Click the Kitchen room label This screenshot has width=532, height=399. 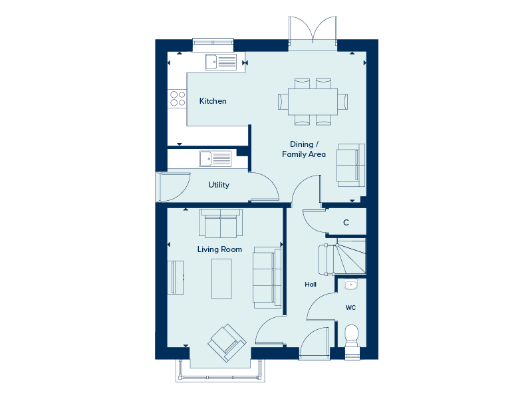click(x=213, y=101)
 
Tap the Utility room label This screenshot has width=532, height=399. click(x=219, y=185)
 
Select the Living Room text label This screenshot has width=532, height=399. click(x=219, y=249)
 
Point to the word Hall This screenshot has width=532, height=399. click(x=311, y=285)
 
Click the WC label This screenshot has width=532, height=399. click(x=350, y=308)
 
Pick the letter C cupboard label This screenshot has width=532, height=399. click(x=346, y=223)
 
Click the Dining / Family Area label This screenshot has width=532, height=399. click(x=308, y=149)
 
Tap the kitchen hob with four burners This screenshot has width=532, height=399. click(x=178, y=98)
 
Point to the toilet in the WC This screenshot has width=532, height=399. click(x=352, y=334)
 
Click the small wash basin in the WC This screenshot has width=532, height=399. click(x=351, y=285)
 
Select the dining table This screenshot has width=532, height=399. click(x=313, y=101)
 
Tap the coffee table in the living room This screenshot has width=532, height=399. click(x=222, y=279)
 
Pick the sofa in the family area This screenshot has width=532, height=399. click(x=350, y=164)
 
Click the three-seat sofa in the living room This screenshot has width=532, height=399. click(x=267, y=277)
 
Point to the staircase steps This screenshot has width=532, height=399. click(x=351, y=256)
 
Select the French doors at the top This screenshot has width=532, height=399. click(x=313, y=30)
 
